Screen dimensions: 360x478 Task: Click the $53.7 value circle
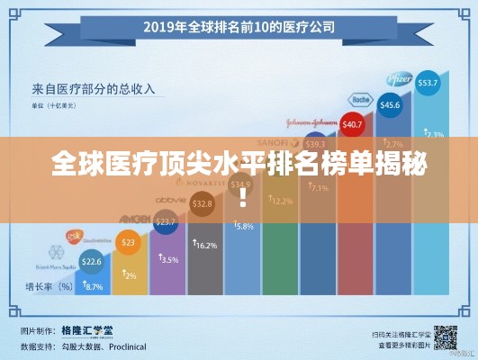[x=428, y=84]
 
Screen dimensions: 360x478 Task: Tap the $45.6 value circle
[x=391, y=104]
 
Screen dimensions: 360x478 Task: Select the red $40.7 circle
[x=354, y=124]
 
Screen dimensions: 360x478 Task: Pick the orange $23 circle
[x=129, y=242]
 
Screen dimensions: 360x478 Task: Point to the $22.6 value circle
[x=92, y=262]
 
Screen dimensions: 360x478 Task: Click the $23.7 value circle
[x=166, y=221]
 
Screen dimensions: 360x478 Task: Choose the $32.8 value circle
[x=203, y=204]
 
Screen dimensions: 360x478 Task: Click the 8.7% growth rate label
[x=93, y=286]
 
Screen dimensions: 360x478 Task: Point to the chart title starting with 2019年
[x=238, y=26]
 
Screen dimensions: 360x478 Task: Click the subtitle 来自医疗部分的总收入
[x=94, y=89]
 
